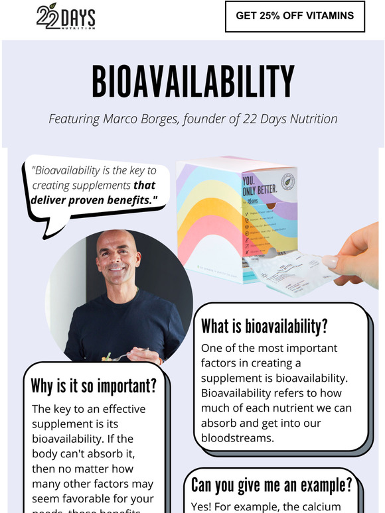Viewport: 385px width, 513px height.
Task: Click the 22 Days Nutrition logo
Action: (x=65, y=17)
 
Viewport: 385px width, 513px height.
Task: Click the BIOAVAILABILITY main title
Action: (x=193, y=82)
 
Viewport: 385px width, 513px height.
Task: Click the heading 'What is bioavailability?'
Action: (x=264, y=327)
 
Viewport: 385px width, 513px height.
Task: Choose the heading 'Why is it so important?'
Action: (x=93, y=386)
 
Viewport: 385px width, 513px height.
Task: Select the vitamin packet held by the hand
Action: (x=292, y=273)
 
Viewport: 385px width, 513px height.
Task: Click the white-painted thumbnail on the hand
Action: (x=329, y=262)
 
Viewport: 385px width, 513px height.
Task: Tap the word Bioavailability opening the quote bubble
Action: (x=68, y=171)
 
